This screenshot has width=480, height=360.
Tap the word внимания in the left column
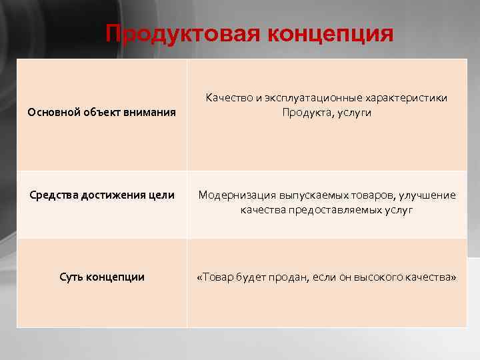151,113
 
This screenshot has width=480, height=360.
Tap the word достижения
113,195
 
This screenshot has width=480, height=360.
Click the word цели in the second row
161,195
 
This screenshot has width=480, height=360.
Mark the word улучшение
428,195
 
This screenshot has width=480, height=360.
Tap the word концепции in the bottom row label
116,277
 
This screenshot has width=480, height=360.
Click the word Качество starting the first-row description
229,99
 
